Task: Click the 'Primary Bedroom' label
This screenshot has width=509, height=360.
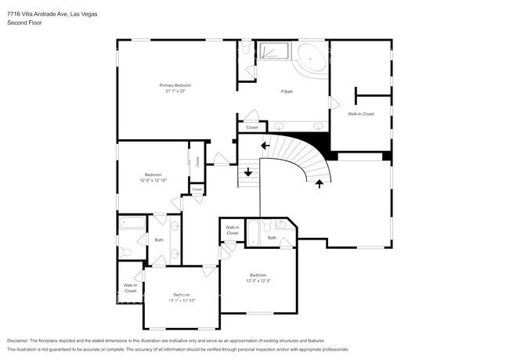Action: tap(175, 85)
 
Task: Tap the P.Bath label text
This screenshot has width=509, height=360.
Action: tap(287, 92)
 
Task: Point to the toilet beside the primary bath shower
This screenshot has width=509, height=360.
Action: tap(246, 50)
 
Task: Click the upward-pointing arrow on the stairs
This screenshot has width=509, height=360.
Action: tap(319, 184)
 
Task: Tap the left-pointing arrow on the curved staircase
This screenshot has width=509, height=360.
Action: tap(265, 145)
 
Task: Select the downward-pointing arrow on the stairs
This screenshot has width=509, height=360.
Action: tap(248, 172)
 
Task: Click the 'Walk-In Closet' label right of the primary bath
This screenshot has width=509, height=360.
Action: tap(361, 114)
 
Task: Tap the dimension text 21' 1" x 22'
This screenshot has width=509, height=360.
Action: tap(175, 91)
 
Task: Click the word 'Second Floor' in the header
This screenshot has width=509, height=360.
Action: tap(25, 23)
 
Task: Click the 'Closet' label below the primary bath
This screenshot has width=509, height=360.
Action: tap(251, 127)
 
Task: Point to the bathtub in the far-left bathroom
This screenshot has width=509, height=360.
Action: tap(132, 225)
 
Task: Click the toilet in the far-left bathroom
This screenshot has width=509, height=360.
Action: tap(125, 251)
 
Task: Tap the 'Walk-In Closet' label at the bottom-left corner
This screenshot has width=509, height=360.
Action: tap(130, 288)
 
